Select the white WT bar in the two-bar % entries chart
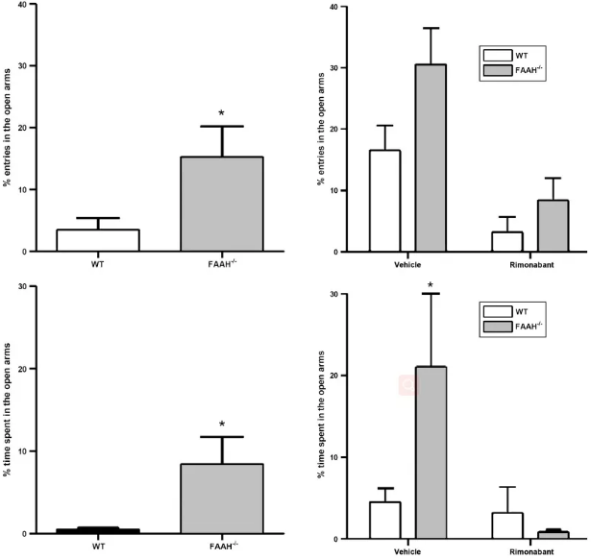(x=97, y=240)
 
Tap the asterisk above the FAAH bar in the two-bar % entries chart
(x=221, y=114)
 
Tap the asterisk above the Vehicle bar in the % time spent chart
(x=431, y=284)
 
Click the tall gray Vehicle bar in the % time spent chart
(x=431, y=452)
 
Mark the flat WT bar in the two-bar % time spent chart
(x=97, y=530)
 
